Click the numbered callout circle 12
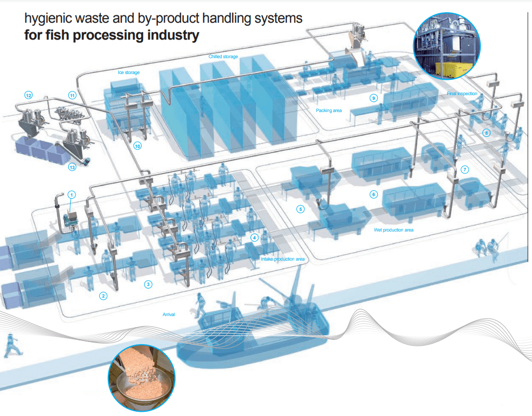point(29,95)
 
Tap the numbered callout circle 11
point(72,95)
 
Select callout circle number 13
point(72,168)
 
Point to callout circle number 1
point(72,194)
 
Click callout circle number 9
point(374,98)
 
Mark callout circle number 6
point(374,195)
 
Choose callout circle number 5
point(301,209)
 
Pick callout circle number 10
point(137,146)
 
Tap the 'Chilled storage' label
point(223,57)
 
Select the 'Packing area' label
point(329,110)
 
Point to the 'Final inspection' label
point(462,94)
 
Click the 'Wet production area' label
point(394,230)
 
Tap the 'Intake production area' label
point(283,259)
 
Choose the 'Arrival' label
point(169,314)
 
